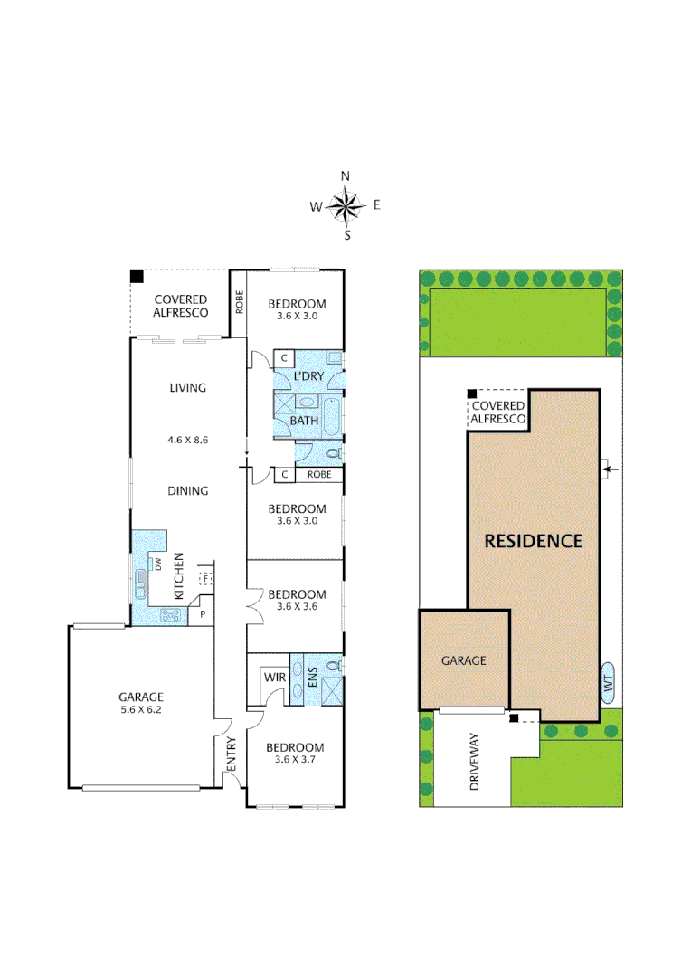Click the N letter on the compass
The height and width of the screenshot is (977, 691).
(x=345, y=176)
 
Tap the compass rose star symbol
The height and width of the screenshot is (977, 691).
(x=345, y=206)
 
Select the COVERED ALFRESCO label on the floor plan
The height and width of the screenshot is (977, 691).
(x=180, y=306)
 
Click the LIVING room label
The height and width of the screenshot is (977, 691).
(x=187, y=388)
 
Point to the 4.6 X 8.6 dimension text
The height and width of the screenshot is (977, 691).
(x=187, y=441)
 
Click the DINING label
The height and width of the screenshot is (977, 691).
(x=187, y=491)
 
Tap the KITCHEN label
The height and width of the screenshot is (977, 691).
(x=179, y=576)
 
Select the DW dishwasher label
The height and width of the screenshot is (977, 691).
(x=157, y=564)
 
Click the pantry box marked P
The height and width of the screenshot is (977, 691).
(x=202, y=613)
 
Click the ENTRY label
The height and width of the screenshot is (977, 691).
(x=231, y=756)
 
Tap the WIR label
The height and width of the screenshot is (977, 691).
(x=275, y=677)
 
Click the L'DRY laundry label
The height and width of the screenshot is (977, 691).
(x=308, y=375)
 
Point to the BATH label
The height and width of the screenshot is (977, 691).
(x=304, y=422)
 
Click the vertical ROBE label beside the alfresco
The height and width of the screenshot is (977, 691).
(x=240, y=301)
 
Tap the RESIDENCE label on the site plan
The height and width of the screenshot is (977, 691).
(x=534, y=541)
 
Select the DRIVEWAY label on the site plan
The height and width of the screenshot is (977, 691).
(x=474, y=763)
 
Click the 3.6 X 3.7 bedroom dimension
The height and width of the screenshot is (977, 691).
(x=294, y=763)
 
